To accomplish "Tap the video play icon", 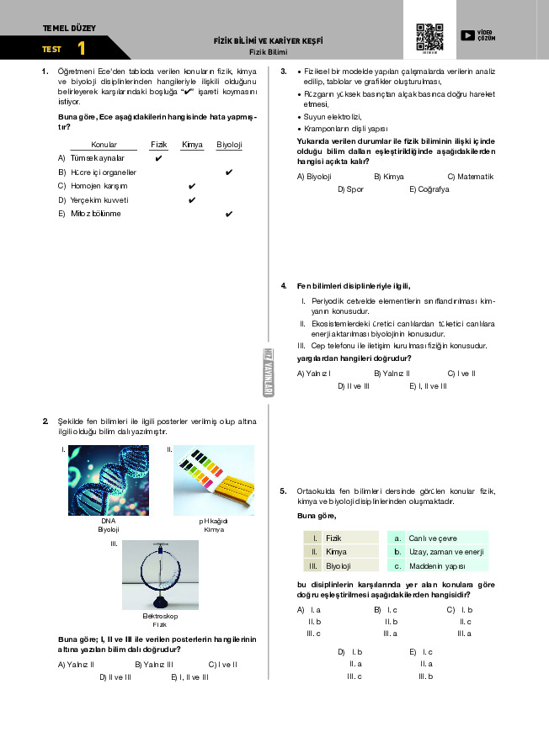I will pos(467,35).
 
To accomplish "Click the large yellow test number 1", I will pos(81,49).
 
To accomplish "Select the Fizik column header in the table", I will pos(158,145).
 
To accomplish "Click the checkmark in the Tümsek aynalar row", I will pos(158,158).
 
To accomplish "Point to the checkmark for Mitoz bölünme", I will pos(229,214).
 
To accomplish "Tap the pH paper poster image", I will pos(214,480).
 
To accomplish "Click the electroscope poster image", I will pos(160,575).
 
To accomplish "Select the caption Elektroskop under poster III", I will pos(160,617).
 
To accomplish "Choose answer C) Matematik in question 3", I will pos(470,177).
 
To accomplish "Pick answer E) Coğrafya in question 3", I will pos(429,189).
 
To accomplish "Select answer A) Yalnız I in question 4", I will pos(313,373).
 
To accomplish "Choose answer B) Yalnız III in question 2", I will pos(154,665).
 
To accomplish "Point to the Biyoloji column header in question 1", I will pos(229,145).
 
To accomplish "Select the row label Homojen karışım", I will pos(99,186).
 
